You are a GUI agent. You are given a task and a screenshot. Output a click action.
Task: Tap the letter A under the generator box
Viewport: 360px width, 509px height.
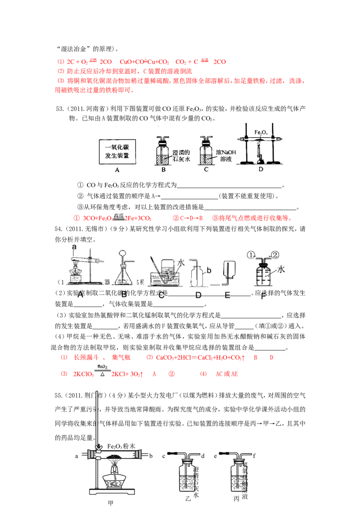click(x=117, y=170)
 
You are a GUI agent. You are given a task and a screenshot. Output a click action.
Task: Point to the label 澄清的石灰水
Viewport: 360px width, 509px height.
click(x=182, y=155)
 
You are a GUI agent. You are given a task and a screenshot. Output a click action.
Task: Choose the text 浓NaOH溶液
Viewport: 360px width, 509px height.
click(x=226, y=156)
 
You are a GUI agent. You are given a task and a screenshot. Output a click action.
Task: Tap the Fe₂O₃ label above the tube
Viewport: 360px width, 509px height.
click(x=261, y=132)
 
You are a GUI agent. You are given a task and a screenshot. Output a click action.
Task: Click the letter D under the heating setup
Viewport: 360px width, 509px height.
click(x=261, y=170)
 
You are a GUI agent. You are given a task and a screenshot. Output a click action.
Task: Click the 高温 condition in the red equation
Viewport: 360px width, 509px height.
click(x=117, y=217)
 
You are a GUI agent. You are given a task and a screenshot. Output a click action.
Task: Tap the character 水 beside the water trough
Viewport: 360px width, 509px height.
click(x=181, y=262)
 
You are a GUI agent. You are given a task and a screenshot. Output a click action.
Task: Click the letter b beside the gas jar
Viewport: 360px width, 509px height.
click(x=208, y=271)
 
